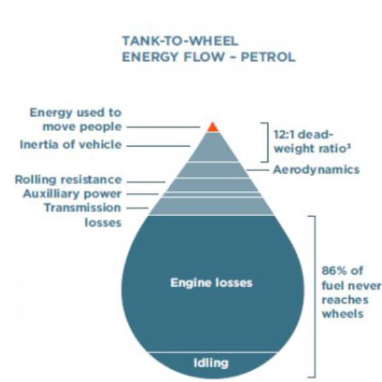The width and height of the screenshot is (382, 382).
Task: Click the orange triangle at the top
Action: (x=213, y=128)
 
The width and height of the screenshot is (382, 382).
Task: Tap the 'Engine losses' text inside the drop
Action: (x=212, y=283)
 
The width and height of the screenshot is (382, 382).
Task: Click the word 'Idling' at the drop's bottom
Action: (x=211, y=363)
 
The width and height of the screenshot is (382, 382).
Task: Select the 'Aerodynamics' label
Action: (x=316, y=170)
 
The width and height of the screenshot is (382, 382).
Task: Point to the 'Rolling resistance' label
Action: (x=68, y=180)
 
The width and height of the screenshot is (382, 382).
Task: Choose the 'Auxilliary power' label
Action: (x=72, y=194)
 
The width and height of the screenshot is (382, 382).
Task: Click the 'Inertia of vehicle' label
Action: (x=71, y=144)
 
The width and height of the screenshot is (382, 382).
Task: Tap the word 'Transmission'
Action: (x=83, y=208)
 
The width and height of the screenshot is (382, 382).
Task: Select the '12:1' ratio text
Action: (x=284, y=134)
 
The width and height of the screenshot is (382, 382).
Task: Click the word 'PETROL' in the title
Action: (x=268, y=57)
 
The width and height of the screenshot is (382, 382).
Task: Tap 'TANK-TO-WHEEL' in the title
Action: (x=180, y=41)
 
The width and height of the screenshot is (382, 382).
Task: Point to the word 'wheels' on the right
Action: (x=343, y=314)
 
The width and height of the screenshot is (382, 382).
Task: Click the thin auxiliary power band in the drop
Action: (x=212, y=195)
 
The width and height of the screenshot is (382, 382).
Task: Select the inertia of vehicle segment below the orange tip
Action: (x=213, y=147)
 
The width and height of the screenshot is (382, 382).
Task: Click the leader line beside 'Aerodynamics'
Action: (x=258, y=170)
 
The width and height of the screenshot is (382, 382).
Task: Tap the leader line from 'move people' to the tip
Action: (x=163, y=127)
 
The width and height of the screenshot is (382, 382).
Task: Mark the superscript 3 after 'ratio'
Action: (x=349, y=146)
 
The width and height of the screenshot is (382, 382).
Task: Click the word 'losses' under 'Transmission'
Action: (x=103, y=223)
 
